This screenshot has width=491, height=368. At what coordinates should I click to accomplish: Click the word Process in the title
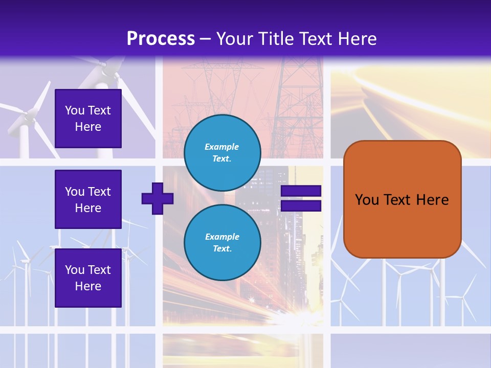pyautogui.click(x=161, y=39)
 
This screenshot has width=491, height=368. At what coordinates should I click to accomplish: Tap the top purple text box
pyautogui.click(x=88, y=119)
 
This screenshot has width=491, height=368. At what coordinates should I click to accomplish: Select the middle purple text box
pyautogui.click(x=88, y=199)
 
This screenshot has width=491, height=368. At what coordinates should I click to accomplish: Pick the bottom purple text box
pyautogui.click(x=88, y=278)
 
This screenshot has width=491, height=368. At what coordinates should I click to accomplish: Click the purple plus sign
pyautogui.click(x=158, y=198)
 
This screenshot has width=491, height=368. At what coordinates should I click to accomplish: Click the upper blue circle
pyautogui.click(x=222, y=152)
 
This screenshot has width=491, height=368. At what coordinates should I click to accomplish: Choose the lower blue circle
pyautogui.click(x=222, y=242)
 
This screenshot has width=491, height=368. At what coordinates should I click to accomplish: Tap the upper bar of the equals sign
pyautogui.click(x=301, y=191)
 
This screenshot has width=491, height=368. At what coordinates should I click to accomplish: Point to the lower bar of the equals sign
pyautogui.click(x=301, y=206)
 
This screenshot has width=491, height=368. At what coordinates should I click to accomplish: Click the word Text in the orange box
pyautogui.click(x=397, y=200)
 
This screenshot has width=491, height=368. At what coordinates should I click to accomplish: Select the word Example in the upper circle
pyautogui.click(x=222, y=147)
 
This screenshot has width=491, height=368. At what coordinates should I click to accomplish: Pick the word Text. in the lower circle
pyautogui.click(x=222, y=249)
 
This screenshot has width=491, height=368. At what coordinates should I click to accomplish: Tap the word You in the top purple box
pyautogui.click(x=75, y=110)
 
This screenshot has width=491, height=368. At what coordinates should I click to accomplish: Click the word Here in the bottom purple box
pyautogui.click(x=88, y=286)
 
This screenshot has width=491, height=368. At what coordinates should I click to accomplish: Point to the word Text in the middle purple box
pyautogui.click(x=99, y=192)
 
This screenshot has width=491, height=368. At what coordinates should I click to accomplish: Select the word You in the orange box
pyautogui.click(x=367, y=200)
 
